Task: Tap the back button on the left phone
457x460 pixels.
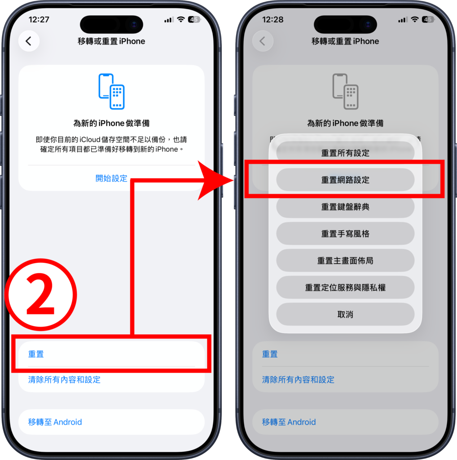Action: pyautogui.click(x=29, y=41)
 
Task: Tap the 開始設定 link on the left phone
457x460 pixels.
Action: pyautogui.click(x=111, y=178)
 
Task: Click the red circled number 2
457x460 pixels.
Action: pyautogui.click(x=41, y=295)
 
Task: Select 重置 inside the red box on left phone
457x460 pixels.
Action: pyautogui.click(x=36, y=354)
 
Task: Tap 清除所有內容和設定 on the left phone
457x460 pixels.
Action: pyautogui.click(x=64, y=380)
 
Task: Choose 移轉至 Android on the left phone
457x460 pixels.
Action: pyautogui.click(x=55, y=422)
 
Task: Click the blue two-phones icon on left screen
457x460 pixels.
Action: pyautogui.click(x=111, y=91)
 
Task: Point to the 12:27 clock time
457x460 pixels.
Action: pyautogui.click(x=39, y=20)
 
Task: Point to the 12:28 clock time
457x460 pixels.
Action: pyautogui.click(x=272, y=20)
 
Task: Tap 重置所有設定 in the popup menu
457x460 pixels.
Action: pyautogui.click(x=345, y=153)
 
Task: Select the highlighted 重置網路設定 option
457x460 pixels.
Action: pyautogui.click(x=345, y=180)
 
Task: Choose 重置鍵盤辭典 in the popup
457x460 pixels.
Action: pyautogui.click(x=345, y=207)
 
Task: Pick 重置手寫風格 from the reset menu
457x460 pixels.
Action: pyautogui.click(x=345, y=234)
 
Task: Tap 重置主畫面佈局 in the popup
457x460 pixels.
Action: pyautogui.click(x=345, y=261)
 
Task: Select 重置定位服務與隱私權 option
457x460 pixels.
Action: pyautogui.click(x=345, y=287)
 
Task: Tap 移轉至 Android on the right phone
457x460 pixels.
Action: pyautogui.click(x=289, y=422)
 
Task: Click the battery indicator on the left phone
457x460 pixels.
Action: pyautogui.click(x=194, y=20)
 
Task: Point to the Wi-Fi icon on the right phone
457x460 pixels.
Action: pyautogui.click(x=414, y=19)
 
